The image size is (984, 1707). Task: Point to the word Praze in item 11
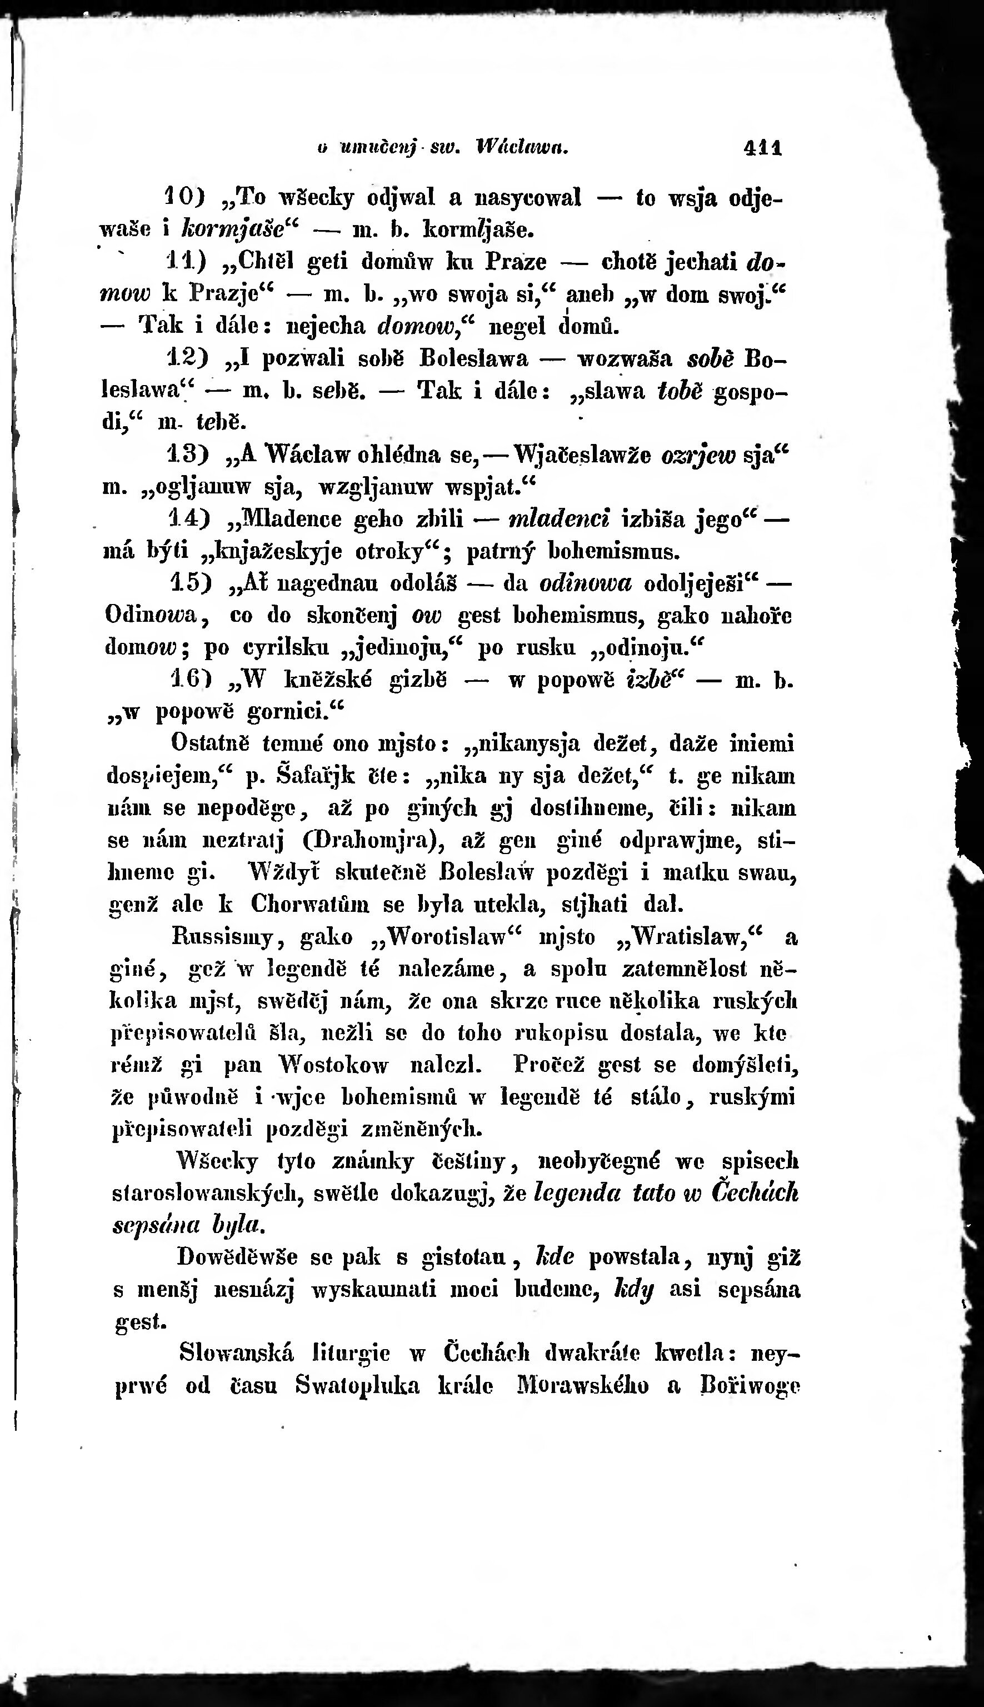(519, 261)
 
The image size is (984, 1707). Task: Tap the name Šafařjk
(316, 776)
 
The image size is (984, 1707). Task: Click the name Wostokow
(334, 1066)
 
